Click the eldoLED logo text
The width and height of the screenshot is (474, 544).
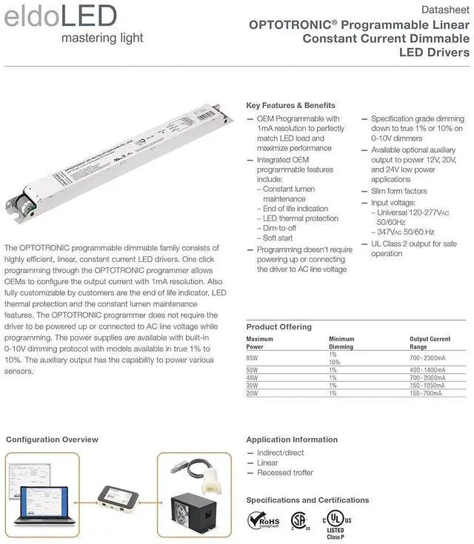(x=61, y=16)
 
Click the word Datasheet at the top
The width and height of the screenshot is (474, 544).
(x=445, y=10)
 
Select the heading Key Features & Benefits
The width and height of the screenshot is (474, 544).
(x=290, y=105)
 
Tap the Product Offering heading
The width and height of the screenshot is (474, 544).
(x=278, y=326)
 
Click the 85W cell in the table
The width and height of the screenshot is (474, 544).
(x=253, y=358)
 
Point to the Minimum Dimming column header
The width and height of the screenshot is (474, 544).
(x=341, y=343)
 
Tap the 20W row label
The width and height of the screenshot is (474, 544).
(x=253, y=393)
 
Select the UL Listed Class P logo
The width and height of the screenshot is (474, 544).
(x=336, y=523)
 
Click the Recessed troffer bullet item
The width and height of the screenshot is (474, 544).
(x=284, y=472)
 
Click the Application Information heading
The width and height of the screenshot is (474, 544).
(x=291, y=440)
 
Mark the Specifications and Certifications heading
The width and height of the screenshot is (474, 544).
(x=307, y=500)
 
